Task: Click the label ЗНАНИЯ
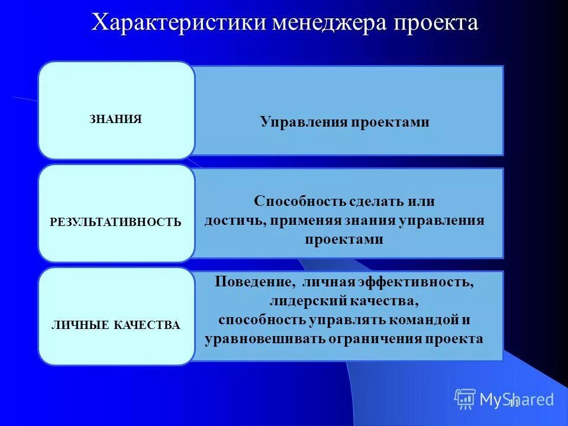click(x=116, y=119)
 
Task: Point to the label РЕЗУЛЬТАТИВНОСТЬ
click(x=116, y=222)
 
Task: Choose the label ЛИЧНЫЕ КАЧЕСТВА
click(x=116, y=325)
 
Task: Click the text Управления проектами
click(x=344, y=122)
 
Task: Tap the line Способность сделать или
click(x=344, y=201)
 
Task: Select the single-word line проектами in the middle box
click(x=344, y=240)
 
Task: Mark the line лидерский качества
click(x=344, y=301)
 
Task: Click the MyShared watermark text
click(x=517, y=399)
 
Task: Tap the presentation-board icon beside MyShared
click(x=465, y=399)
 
